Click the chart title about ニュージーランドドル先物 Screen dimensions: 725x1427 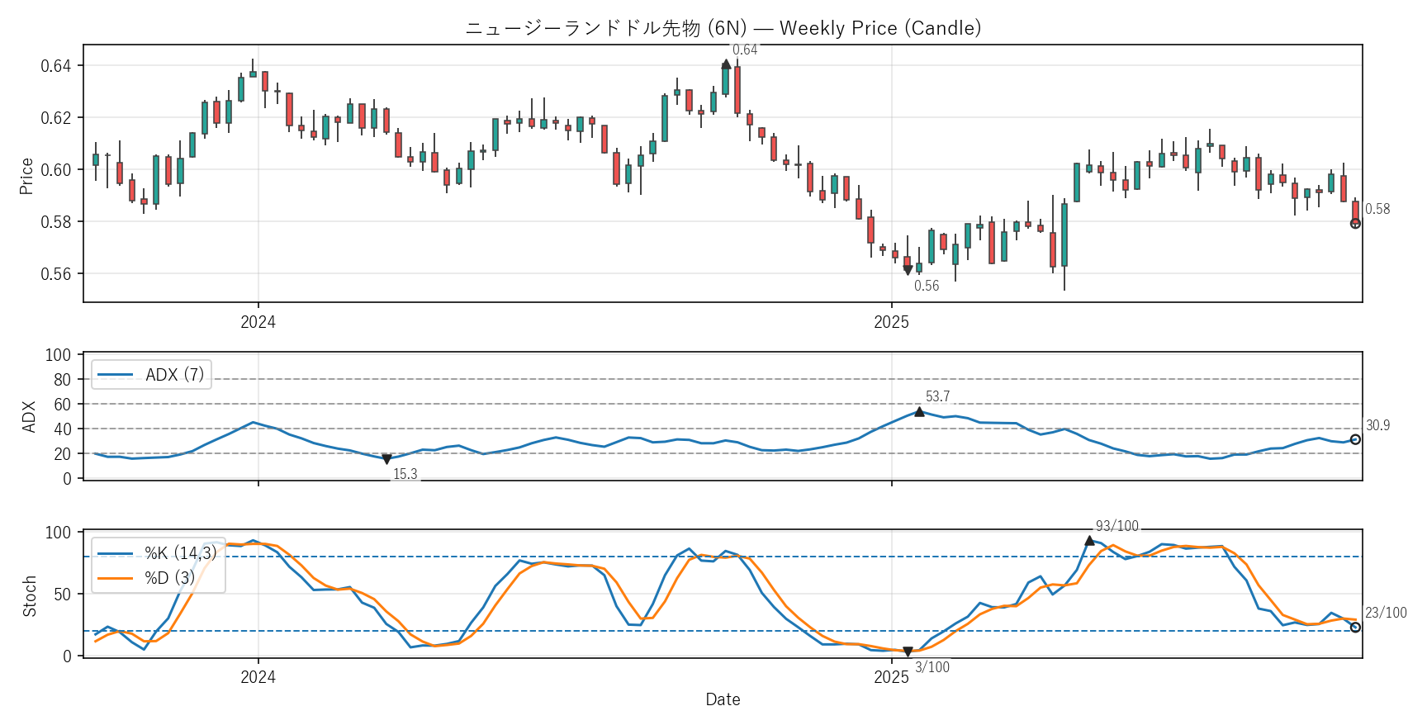[x=723, y=28]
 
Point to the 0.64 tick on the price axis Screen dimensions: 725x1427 [x=56, y=66]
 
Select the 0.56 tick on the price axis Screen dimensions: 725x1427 [x=56, y=274]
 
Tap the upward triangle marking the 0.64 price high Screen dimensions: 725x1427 [x=726, y=64]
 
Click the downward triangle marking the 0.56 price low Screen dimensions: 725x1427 [x=908, y=270]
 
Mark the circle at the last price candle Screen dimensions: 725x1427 [x=1355, y=223]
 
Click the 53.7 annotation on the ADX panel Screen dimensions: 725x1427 [x=937, y=397]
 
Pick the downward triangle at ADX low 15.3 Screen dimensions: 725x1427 [x=386, y=459]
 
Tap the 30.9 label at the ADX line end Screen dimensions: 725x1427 [x=1377, y=426]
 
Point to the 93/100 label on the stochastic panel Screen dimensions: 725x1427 [x=1116, y=527]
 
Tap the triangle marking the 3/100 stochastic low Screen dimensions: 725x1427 [x=908, y=652]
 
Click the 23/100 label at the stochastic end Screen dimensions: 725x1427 [x=1386, y=613]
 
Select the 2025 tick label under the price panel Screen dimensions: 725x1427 [x=891, y=323]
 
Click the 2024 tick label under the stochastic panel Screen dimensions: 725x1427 [x=258, y=678]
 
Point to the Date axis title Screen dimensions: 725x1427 [x=723, y=700]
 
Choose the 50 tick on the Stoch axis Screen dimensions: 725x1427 [x=62, y=595]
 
